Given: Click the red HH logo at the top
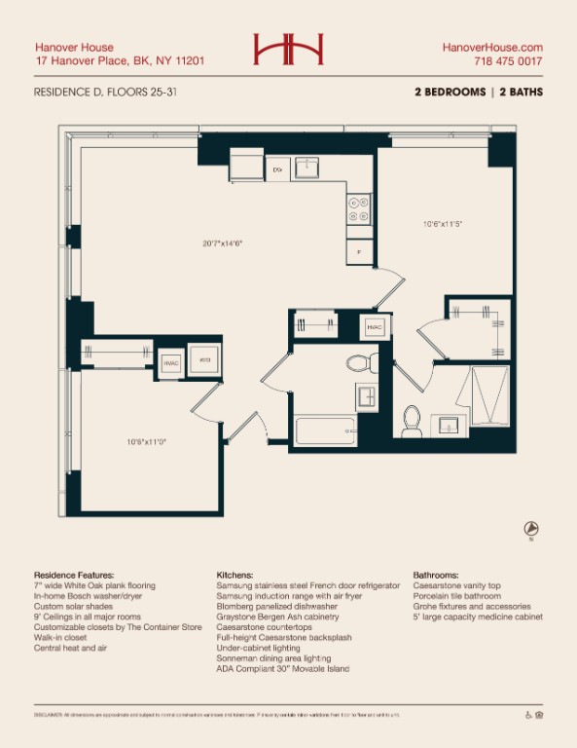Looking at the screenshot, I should [288, 50].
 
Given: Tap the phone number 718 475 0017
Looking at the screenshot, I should [508, 61].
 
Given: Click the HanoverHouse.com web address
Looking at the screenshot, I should [492, 47].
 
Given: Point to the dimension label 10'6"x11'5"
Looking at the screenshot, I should [442, 224].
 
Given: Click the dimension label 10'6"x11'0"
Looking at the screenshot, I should [146, 441].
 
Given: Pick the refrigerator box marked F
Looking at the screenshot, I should [359, 251].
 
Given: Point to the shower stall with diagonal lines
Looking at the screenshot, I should [490, 396].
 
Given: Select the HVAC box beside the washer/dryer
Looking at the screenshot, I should [171, 362].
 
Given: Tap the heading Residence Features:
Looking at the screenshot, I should [74, 576].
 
